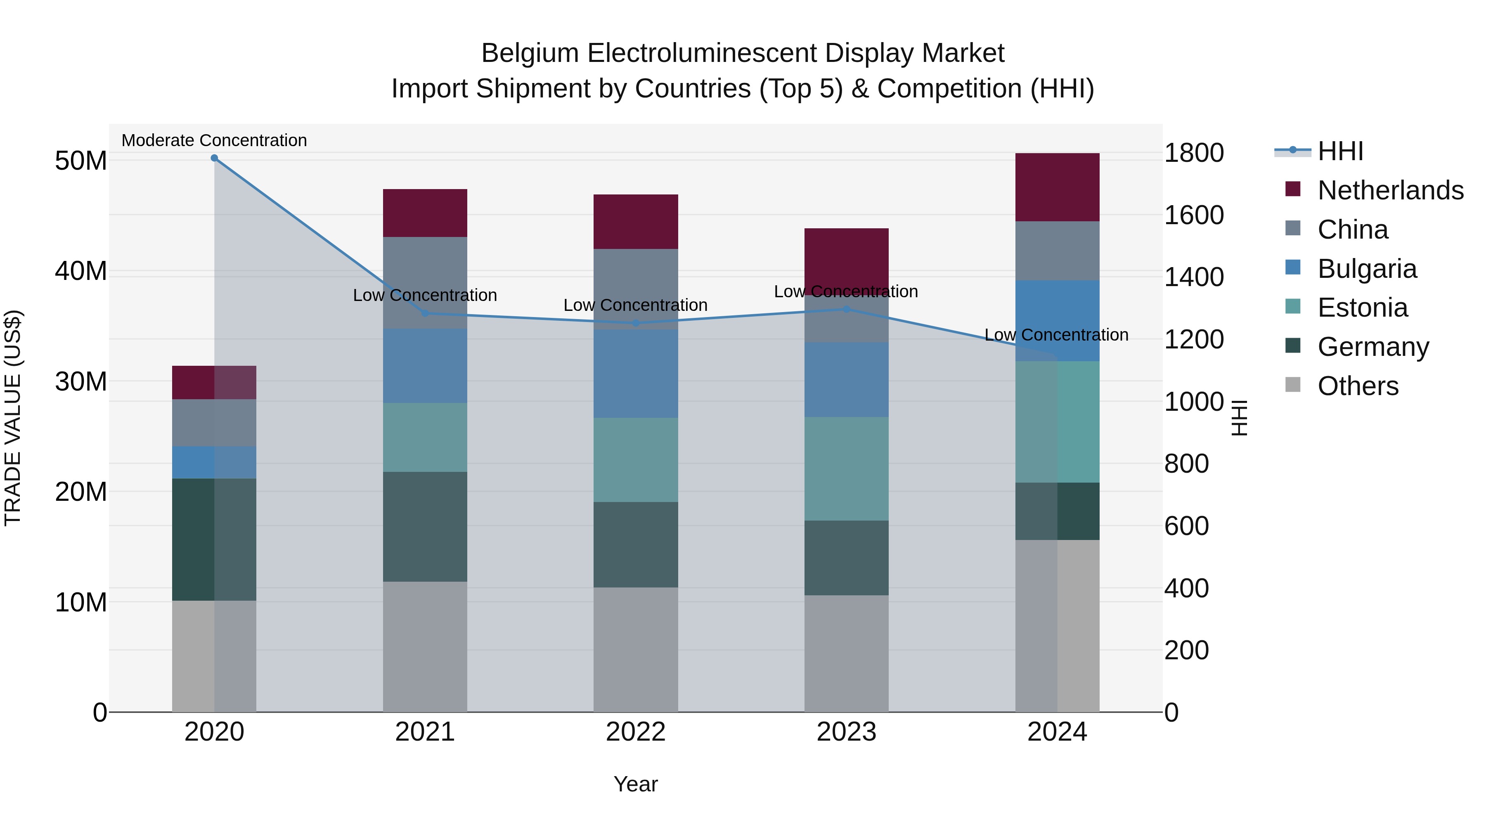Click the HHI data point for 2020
[214, 158]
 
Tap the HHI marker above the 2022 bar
[636, 323]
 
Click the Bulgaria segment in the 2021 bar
[425, 366]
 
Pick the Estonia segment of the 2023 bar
[846, 469]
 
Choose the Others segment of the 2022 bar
[636, 649]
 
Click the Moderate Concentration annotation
[214, 140]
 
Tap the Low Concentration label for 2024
[1056, 335]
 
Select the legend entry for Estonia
[1362, 308]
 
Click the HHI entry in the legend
[1340, 151]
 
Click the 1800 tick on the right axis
[1193, 153]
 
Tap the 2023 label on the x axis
[846, 732]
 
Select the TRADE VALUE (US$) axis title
[13, 418]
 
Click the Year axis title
[636, 784]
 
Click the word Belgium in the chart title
[530, 53]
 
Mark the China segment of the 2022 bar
[636, 289]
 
